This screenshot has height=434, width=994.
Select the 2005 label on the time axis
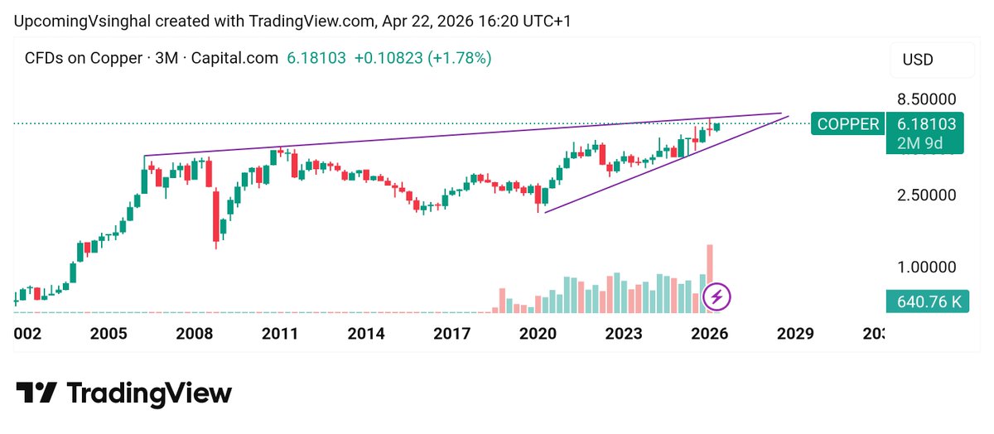109,334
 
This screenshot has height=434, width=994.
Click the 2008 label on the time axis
194,334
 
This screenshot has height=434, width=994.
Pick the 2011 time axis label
280,334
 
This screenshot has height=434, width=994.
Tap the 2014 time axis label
366,334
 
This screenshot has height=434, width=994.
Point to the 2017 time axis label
452,334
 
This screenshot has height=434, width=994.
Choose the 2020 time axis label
538,334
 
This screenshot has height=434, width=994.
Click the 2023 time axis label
624,334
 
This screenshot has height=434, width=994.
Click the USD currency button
917,60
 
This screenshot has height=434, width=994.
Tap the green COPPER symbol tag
848,124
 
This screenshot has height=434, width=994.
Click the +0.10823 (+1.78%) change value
422,59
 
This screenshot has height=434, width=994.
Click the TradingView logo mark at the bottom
36,392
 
